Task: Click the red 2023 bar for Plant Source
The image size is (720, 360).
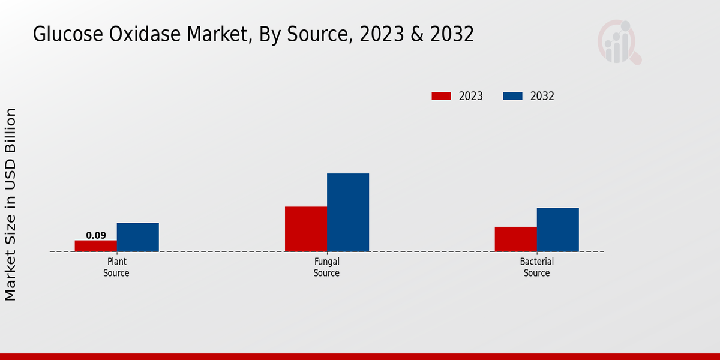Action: click(96, 246)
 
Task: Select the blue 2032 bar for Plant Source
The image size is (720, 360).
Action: click(138, 237)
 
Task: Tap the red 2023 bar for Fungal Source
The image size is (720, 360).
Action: click(306, 229)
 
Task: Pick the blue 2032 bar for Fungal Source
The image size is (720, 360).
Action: click(348, 212)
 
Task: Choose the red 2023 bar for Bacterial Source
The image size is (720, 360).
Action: click(516, 239)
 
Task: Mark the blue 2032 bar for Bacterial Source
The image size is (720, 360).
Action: click(558, 229)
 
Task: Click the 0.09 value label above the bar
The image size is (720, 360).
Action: click(96, 235)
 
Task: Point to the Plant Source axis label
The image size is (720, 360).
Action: click(116, 268)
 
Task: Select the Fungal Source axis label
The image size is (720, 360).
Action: click(326, 268)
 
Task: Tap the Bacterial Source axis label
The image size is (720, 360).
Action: click(536, 268)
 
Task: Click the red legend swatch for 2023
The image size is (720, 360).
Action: click(441, 96)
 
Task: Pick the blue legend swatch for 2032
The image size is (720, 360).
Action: click(512, 96)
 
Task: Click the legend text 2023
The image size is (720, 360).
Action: click(471, 96)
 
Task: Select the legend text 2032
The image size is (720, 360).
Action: click(542, 96)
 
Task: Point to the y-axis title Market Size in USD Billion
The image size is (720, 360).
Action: click(11, 204)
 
